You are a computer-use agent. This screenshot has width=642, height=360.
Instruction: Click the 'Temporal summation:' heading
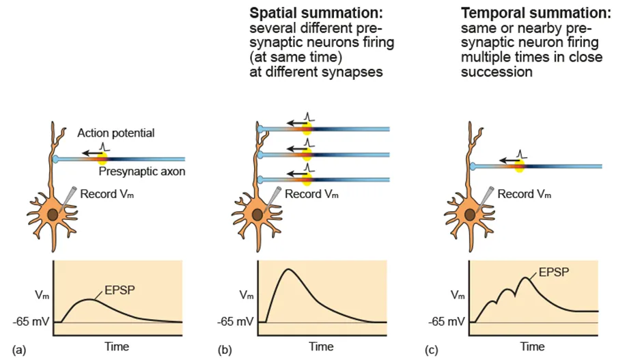(535, 14)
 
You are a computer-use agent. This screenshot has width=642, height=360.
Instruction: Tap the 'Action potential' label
(115, 133)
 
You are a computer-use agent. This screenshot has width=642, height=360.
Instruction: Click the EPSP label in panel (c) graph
(550, 271)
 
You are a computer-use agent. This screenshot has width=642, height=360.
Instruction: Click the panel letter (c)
(431, 350)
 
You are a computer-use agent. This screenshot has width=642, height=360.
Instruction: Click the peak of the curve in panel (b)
(289, 269)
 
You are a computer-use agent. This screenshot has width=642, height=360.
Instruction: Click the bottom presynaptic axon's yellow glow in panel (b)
(307, 180)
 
